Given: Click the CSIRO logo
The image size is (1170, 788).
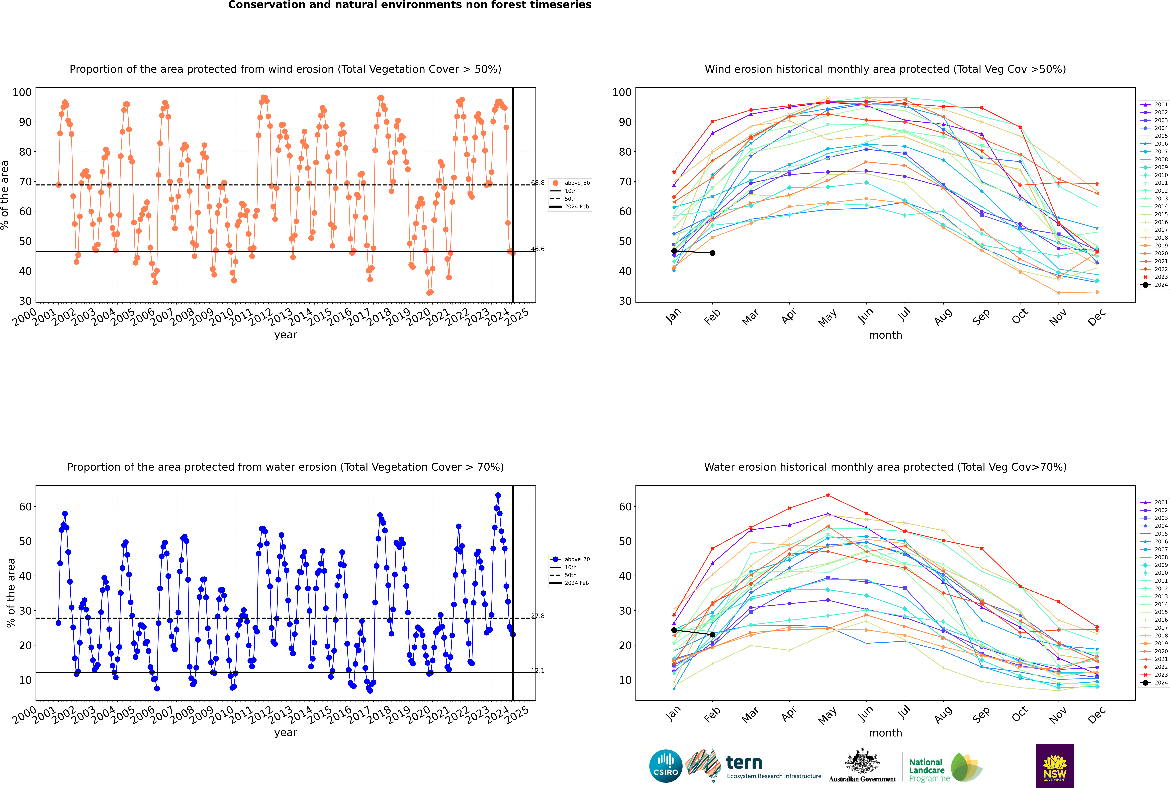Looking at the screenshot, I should (x=665, y=766).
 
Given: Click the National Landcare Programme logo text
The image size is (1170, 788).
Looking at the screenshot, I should (x=927, y=770).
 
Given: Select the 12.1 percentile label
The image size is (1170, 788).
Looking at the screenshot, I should (x=538, y=670).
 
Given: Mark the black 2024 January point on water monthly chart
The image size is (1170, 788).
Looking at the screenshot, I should (x=674, y=630).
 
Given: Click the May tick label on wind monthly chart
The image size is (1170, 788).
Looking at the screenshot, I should (x=827, y=318).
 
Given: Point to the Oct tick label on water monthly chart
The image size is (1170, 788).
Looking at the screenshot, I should (x=1020, y=715).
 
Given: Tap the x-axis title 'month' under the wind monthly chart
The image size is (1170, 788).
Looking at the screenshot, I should (x=885, y=335).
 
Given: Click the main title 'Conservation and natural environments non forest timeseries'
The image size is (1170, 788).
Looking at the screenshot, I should (x=409, y=5).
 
